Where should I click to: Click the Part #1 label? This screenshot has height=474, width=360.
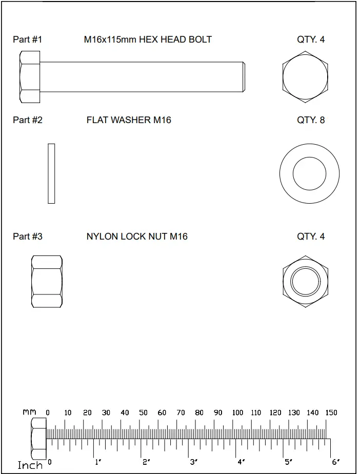(x=27, y=39)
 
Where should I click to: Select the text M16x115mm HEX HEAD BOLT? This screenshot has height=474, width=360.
(x=148, y=39)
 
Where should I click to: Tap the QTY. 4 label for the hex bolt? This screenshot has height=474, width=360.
(x=311, y=39)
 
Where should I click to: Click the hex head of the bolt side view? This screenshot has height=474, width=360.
(x=30, y=77)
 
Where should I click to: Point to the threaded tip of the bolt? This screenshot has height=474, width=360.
(x=244, y=77)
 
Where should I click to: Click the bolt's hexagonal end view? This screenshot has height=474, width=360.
(x=305, y=77)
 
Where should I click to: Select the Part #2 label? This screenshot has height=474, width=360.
(x=27, y=120)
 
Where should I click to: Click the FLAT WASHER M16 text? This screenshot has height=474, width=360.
(x=129, y=120)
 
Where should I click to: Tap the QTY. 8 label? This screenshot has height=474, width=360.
(x=311, y=120)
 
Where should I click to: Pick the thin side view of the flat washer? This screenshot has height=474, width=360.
(x=51, y=173)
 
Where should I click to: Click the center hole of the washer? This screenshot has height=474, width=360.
(x=309, y=173)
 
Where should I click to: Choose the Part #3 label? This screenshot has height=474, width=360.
(x=27, y=236)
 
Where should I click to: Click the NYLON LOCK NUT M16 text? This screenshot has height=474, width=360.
(x=137, y=236)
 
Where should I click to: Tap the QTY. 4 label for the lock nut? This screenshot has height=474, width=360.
(x=311, y=236)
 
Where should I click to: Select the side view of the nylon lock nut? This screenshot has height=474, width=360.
(x=47, y=282)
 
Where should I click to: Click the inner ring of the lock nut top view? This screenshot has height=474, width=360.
(x=305, y=281)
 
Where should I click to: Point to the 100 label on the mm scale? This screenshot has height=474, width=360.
(x=237, y=412)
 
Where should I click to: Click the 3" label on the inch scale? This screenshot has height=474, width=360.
(x=194, y=462)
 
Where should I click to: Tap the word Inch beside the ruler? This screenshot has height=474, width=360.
(x=30, y=465)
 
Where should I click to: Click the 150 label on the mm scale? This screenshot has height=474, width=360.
(x=331, y=412)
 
